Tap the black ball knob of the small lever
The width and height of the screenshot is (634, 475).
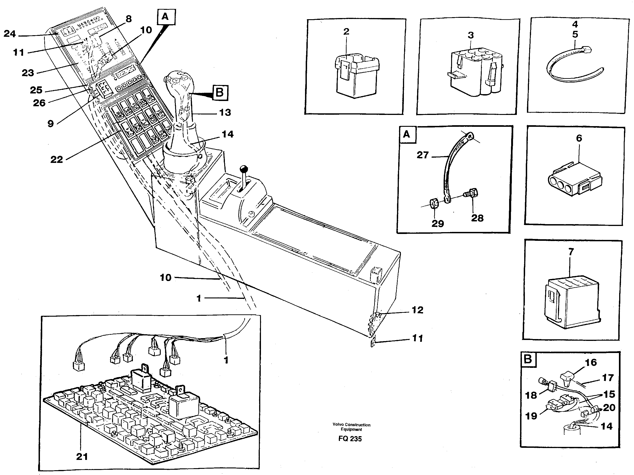pyautogui.click(x=244, y=168)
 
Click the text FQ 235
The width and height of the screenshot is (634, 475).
pyautogui.click(x=350, y=439)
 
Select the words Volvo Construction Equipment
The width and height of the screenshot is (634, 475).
pyautogui.click(x=351, y=427)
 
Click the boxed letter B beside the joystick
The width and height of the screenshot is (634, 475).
pyautogui.click(x=220, y=93)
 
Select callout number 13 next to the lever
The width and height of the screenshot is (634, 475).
pyautogui.click(x=225, y=112)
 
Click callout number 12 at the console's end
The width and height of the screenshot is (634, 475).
pyautogui.click(x=417, y=310)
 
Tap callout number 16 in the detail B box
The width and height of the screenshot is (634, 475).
pyautogui.click(x=591, y=362)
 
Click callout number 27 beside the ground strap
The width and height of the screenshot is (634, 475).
pyautogui.click(x=422, y=155)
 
